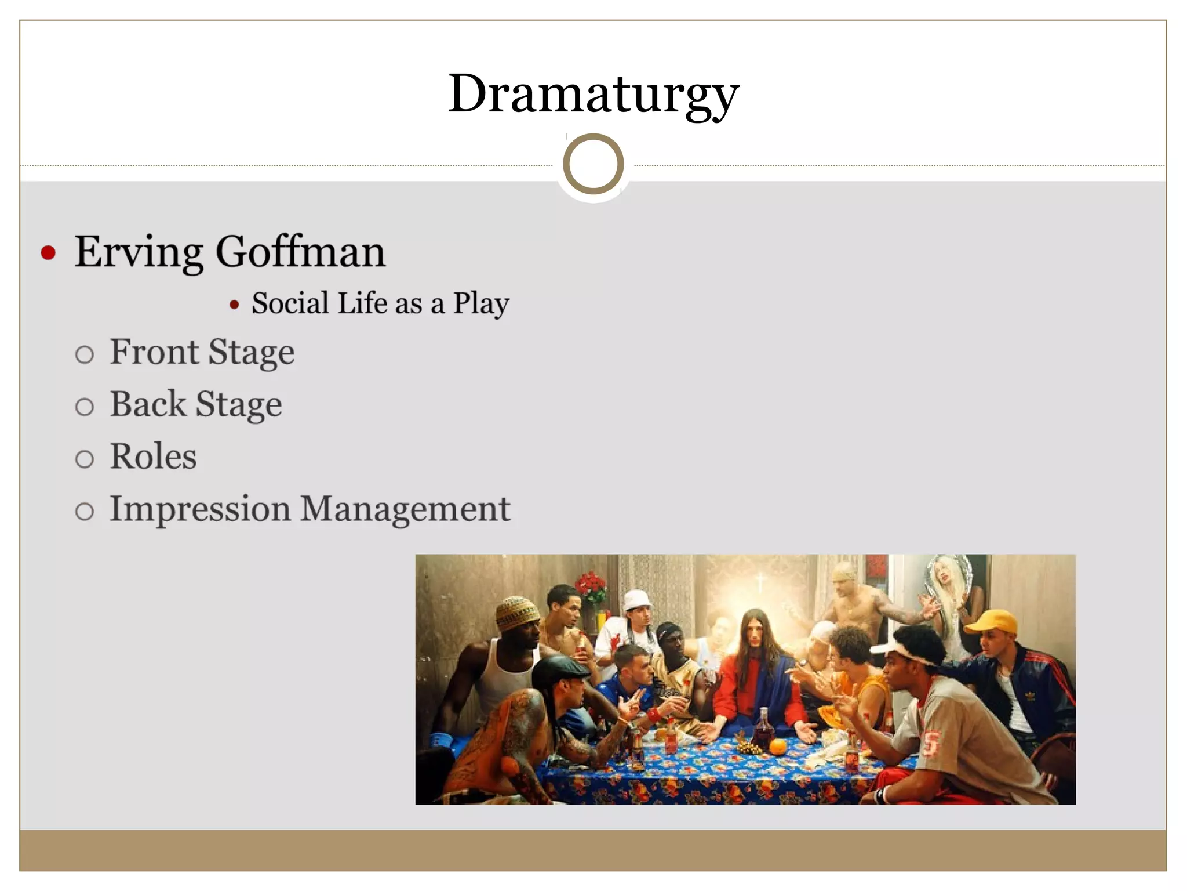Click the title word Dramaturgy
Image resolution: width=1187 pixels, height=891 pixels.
point(593,94)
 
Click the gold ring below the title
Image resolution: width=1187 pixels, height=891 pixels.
point(593,164)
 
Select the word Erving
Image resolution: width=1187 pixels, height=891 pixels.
point(139,252)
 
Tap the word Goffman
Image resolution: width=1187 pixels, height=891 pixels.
point(300,252)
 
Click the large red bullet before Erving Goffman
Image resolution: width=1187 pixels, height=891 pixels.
point(49,253)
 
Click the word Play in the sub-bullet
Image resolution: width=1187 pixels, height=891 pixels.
point(480,303)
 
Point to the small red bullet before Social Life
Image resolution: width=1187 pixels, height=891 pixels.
point(234,305)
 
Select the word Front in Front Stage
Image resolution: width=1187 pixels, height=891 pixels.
point(154,352)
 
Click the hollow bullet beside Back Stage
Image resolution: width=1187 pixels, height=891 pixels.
point(85,407)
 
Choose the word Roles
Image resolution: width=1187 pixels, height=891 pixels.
point(153,456)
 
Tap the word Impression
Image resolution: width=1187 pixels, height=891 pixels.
point(200,509)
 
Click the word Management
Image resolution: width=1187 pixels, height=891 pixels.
point(405,509)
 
